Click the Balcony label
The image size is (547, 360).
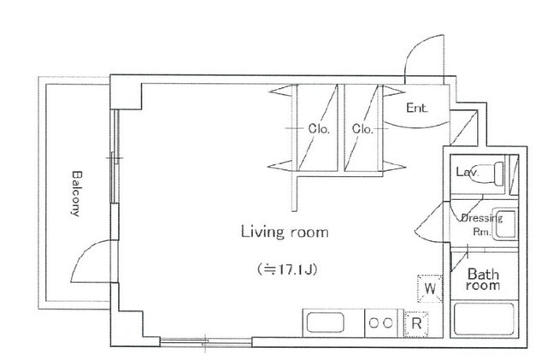77,193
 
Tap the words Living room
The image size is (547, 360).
285,232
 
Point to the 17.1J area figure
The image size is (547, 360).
287,269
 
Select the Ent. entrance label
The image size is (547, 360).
417,108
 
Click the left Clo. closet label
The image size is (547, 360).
319,129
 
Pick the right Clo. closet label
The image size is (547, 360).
362,129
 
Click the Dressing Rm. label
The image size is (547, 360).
482,225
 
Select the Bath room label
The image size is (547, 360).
483,280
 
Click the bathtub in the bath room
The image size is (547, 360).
485,318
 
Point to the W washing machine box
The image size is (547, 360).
430,289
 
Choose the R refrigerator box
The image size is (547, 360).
416,324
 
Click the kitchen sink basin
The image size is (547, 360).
325,323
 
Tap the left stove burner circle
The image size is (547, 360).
373,323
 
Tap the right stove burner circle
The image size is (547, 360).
387,323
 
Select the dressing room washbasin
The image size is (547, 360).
505,224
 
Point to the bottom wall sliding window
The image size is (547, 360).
206,341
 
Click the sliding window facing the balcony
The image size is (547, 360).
115,156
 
